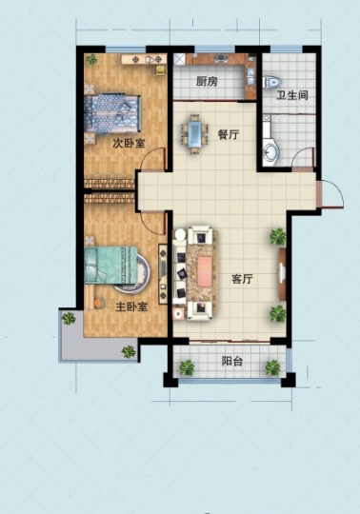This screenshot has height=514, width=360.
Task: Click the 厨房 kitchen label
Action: pyautogui.click(x=208, y=81)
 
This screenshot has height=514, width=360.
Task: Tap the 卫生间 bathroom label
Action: pyautogui.click(x=291, y=95)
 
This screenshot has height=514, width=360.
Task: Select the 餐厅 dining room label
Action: pyautogui.click(x=229, y=134)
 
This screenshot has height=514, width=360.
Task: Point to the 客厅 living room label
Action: pyautogui.click(x=242, y=279)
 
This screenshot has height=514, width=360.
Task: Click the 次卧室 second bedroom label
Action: pyautogui.click(x=129, y=143)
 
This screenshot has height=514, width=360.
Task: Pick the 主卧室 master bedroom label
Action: pyautogui.click(x=131, y=306)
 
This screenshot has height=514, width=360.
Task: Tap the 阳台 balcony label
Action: pyautogui.click(x=232, y=361)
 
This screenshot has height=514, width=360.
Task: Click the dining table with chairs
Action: pyautogui.click(x=194, y=134)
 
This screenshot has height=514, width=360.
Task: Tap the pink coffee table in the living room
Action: pyautogui.click(x=205, y=271)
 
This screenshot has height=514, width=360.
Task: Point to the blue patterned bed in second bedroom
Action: pyautogui.click(x=112, y=114)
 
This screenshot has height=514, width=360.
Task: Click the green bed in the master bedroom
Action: pyautogui.click(x=110, y=265)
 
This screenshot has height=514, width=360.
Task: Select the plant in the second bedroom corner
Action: pyautogui.click(x=91, y=59)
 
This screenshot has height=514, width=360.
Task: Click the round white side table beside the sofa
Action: pyautogui.click(x=180, y=235)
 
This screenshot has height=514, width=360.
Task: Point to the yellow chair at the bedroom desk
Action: pyautogui.click(x=160, y=70)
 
